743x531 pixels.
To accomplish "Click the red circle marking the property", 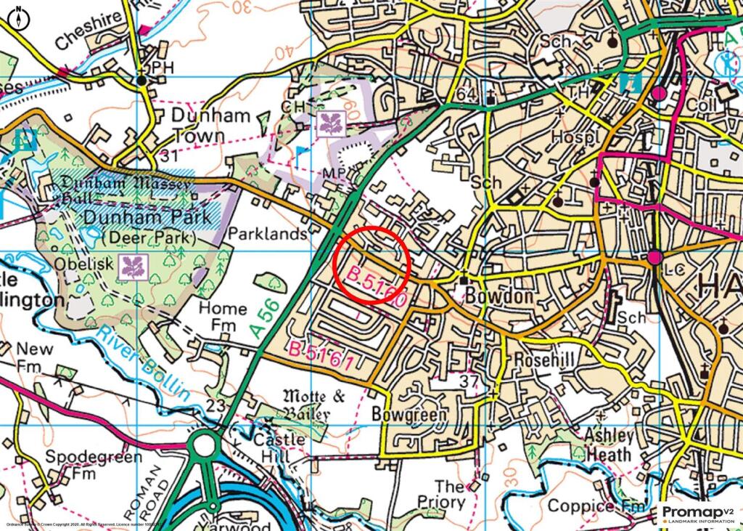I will pyautogui.click(x=372, y=264).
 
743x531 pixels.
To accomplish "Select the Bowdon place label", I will pyautogui.click(x=494, y=297).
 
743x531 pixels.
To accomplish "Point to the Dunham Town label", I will pyautogui.click(x=210, y=125).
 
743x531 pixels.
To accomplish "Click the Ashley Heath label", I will pyautogui.click(x=609, y=446).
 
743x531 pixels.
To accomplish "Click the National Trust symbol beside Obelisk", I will pyautogui.click(x=134, y=265).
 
